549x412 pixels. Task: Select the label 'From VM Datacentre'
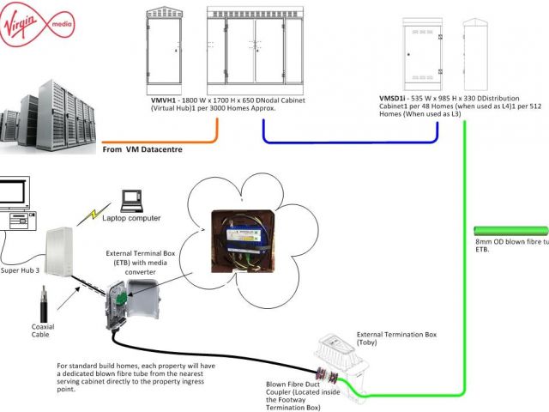click(x=142, y=149)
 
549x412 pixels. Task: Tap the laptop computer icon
click(x=132, y=201)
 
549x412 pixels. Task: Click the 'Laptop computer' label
click(x=132, y=218)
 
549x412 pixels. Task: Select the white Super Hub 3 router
click(x=62, y=245)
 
